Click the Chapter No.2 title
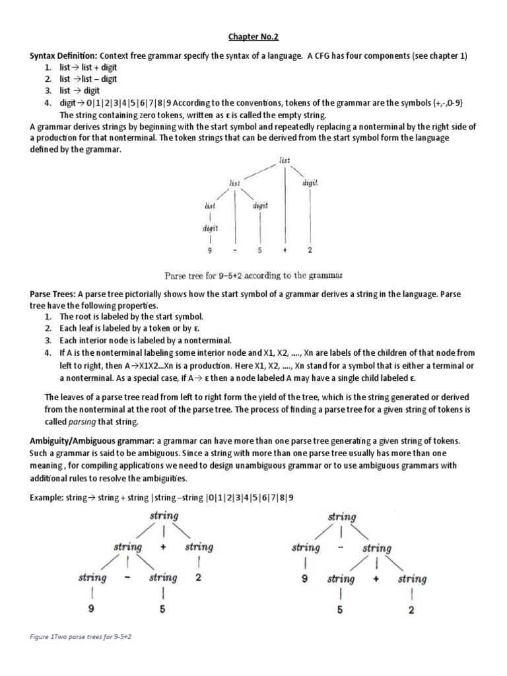tap(253, 38)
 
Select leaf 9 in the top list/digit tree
tap(209, 251)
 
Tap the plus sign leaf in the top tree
tap(285, 251)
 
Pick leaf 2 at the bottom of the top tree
tap(310, 251)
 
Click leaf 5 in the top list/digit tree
tap(260, 251)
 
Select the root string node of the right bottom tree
tap(341, 516)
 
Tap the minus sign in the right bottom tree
tap(341, 547)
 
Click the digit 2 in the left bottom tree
tap(198, 578)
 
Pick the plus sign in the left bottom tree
tap(162, 547)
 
